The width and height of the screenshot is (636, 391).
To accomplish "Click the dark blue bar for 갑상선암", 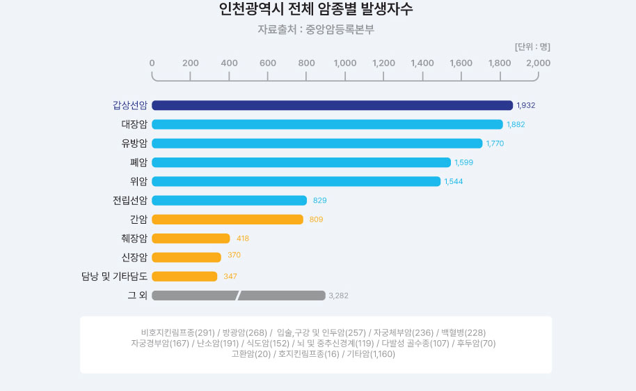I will [x=332, y=105].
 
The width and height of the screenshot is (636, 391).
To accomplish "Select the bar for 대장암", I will [x=327, y=124].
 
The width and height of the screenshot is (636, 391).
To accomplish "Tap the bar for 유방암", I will [x=317, y=144].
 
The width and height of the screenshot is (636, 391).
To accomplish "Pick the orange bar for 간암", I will [x=228, y=220].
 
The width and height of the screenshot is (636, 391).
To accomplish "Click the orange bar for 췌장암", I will [x=191, y=238].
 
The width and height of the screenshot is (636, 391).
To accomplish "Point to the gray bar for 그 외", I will [x=238, y=296].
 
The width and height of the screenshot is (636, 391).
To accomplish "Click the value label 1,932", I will [x=526, y=105].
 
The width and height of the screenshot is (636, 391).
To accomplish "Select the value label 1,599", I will [x=464, y=162].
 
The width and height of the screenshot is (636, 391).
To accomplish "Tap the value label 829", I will [x=320, y=201].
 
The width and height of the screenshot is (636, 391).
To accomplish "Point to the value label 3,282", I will [x=339, y=296].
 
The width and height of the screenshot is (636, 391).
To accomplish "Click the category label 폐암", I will [x=138, y=162].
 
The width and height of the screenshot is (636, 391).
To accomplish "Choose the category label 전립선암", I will [x=130, y=201].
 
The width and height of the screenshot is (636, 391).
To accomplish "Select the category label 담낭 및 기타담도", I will [x=114, y=277].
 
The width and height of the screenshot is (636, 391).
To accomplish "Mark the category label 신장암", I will [x=134, y=257].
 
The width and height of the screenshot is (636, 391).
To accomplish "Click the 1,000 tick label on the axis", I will [x=345, y=63].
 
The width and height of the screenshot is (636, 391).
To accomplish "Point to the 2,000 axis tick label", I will [x=538, y=63].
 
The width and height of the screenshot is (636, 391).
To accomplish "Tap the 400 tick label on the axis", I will [x=229, y=63].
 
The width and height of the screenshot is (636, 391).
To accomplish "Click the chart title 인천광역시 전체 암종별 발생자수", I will [x=316, y=10].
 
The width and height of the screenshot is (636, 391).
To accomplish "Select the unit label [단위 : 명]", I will [x=532, y=47].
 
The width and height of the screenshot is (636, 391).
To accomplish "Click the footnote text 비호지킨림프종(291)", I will [x=177, y=332].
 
